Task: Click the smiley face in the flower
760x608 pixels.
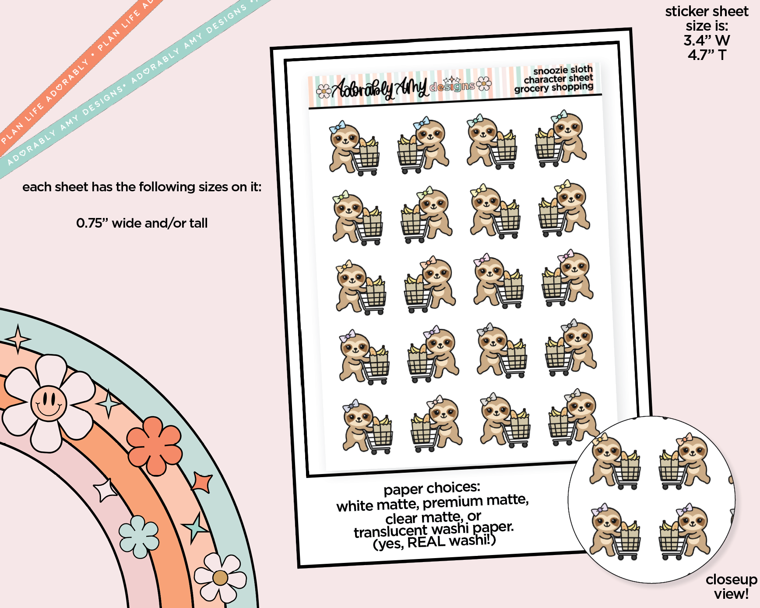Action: [49, 403]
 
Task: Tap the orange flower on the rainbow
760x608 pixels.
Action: [154, 446]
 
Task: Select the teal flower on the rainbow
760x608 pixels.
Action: [139, 537]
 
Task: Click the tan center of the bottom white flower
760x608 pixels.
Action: [220, 578]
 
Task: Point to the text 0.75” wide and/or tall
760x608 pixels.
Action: [142, 223]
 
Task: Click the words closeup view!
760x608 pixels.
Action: [731, 587]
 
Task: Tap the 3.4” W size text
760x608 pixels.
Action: [707, 40]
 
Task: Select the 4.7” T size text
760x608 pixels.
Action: [707, 55]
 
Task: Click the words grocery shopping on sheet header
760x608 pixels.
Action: [554, 88]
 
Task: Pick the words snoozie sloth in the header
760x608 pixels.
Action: [563, 70]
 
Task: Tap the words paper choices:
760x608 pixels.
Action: [432, 488]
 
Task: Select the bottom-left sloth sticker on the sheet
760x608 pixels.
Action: [367, 426]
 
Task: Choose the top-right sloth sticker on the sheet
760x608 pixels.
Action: [561, 139]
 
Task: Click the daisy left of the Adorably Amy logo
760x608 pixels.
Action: [324, 91]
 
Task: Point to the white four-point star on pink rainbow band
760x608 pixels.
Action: [105, 490]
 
